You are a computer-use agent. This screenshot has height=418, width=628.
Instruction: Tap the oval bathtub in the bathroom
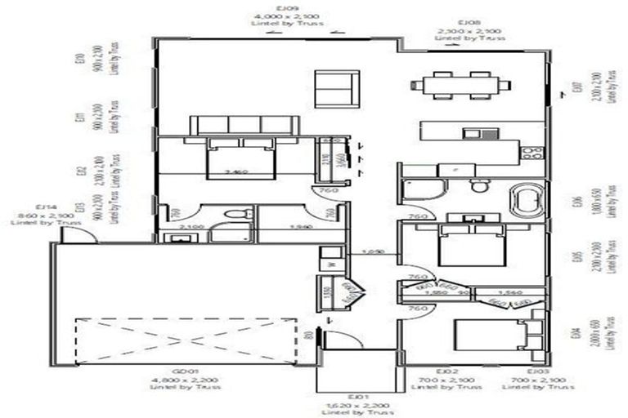[526, 199]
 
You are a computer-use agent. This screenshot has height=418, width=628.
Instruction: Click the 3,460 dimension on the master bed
[235, 173]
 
